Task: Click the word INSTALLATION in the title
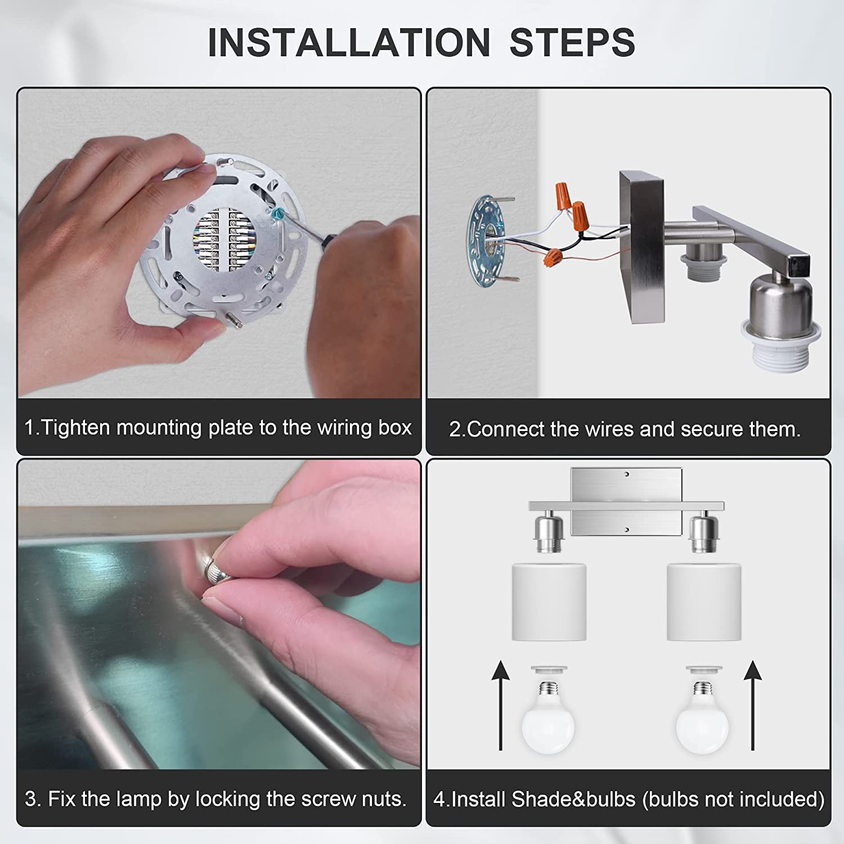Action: (x=349, y=42)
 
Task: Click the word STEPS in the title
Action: (x=572, y=42)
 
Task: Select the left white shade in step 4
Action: (x=549, y=602)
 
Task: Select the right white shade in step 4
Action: (x=704, y=602)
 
